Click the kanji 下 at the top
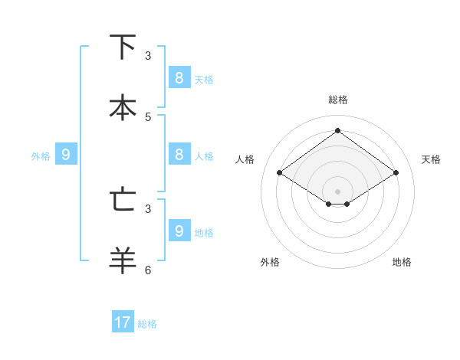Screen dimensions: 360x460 pos(123,47)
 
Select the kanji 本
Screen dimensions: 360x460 pos(123,108)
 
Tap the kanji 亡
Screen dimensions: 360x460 pos(123,200)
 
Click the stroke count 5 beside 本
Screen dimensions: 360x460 pos(148,116)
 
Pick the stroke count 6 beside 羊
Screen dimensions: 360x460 pos(148,270)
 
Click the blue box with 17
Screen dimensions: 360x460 pos(123,322)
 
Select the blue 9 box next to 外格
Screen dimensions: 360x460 pos(66,155)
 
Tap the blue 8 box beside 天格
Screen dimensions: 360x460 pos(179,77)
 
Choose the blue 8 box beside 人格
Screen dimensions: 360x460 pos(179,154)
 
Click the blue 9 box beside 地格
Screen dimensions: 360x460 pos(179,231)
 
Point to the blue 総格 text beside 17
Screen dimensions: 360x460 pos(147,324)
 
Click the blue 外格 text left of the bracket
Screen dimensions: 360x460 pos(41,156)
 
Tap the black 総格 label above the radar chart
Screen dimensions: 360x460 pos(338,100)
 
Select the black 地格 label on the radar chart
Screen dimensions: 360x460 pos(402,262)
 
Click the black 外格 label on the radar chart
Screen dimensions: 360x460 pos(270,262)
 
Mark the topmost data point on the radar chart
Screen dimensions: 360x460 pos(337,130)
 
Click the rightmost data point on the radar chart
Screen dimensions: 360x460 pos(396,173)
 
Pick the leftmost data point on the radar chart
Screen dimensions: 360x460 pos(279,173)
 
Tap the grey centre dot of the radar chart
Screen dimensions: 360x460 pos(337,191)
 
